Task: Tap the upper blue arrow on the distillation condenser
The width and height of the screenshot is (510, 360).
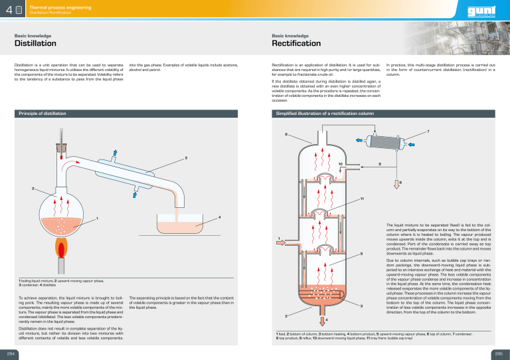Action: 115,155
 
